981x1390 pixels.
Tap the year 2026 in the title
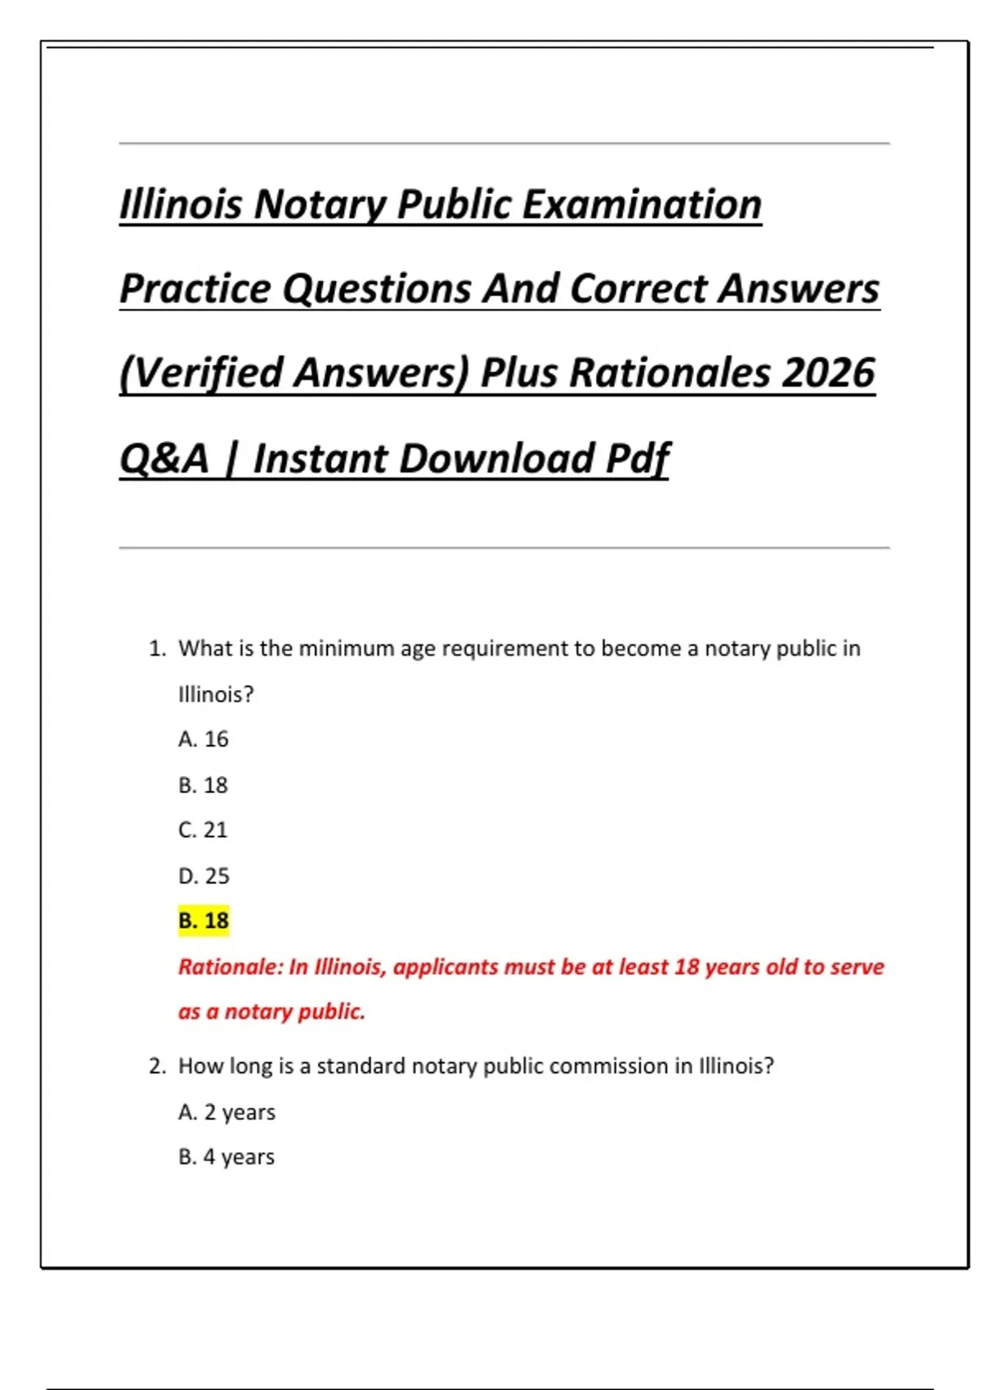point(828,373)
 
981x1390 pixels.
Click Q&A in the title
point(164,458)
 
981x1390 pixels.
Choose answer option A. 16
point(204,739)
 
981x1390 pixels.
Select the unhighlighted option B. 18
point(204,785)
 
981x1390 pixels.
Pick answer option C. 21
point(203,830)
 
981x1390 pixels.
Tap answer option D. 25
point(204,876)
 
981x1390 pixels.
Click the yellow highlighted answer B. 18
point(204,921)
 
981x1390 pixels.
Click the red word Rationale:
point(231,967)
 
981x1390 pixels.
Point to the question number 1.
point(156,648)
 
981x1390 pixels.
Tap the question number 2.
point(157,1066)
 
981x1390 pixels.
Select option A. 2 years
point(227,1112)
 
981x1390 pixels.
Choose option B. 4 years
point(226,1157)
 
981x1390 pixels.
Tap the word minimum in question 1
point(347,648)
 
